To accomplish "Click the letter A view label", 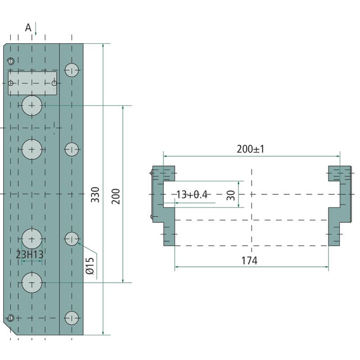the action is click(28, 28).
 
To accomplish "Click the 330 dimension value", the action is click(95, 195).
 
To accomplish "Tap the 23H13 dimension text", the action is click(30, 255).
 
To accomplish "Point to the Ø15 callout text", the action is click(90, 266).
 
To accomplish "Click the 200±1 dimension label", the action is click(251, 149).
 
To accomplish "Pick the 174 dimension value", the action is click(249, 261).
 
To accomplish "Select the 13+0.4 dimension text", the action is click(192, 195).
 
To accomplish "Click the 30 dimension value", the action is click(231, 195).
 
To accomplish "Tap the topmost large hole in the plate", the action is click(32, 105).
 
